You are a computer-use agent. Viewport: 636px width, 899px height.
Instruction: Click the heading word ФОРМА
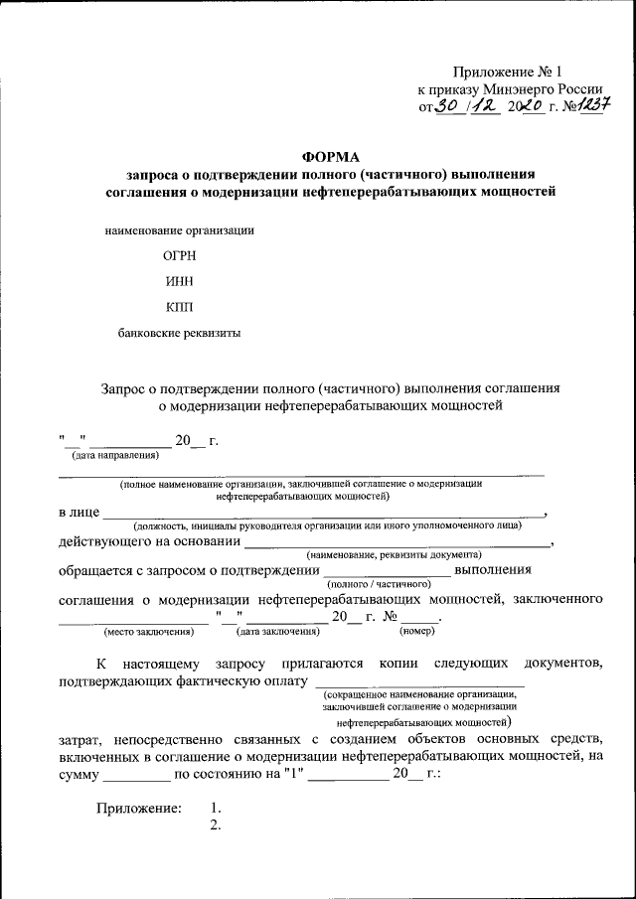[331, 156]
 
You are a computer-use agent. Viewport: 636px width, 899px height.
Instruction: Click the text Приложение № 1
[507, 73]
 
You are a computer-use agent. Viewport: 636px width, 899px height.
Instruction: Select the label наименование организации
[180, 230]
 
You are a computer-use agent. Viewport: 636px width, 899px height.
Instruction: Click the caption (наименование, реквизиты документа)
[395, 554]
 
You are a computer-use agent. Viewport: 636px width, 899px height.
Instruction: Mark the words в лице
[79, 513]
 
